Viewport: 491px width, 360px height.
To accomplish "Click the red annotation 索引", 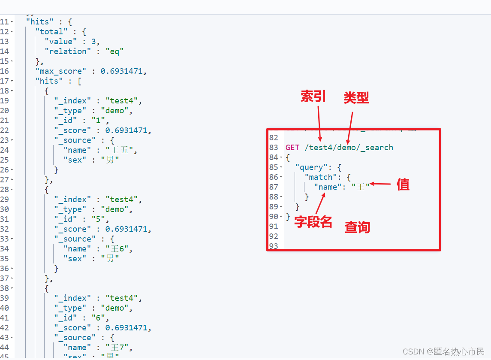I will tap(313, 97).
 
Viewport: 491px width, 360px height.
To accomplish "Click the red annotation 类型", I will tap(356, 98).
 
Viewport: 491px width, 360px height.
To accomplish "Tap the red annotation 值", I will tap(403, 185).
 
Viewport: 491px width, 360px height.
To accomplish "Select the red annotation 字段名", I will tap(313, 222).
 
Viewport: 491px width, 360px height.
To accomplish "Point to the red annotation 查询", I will tap(357, 227).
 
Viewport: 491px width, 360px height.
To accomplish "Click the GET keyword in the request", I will tap(292, 148).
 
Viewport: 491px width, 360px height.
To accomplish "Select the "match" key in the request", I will tap(320, 177).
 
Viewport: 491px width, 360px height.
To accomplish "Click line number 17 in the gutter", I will tap(5, 81).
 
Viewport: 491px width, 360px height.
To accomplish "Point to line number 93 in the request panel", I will tap(273, 246).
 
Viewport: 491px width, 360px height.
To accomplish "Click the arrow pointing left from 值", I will tap(380, 184).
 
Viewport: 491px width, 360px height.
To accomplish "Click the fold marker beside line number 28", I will tap(12, 190).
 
